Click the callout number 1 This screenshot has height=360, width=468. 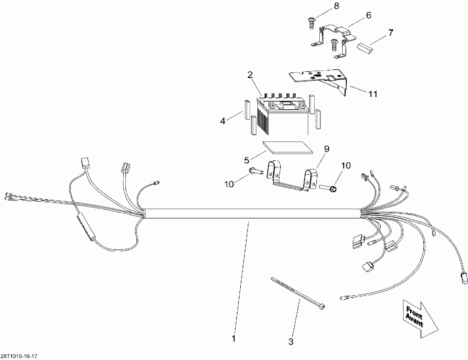tap(234, 339)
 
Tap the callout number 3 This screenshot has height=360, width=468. tap(291, 342)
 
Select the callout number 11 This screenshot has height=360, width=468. tap(372, 94)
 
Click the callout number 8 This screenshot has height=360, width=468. tap(336, 6)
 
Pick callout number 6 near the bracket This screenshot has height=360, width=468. tap(369, 15)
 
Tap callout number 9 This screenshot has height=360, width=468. tap(326, 149)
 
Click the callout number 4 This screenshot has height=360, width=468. tap(223, 121)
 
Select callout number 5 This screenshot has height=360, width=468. tap(246, 160)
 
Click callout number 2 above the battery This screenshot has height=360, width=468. tap(250, 75)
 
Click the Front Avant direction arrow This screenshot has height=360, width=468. tap(420, 318)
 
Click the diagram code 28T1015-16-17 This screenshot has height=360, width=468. tap(19, 356)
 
